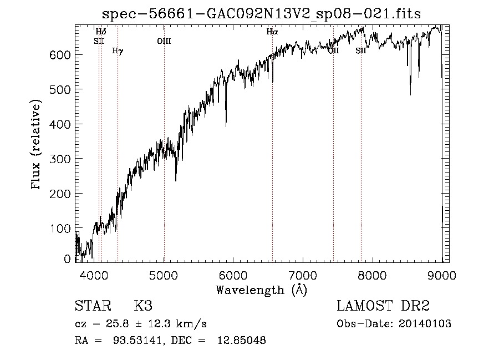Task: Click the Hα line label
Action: (272, 32)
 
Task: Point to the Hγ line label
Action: (117, 51)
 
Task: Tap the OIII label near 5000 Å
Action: (164, 40)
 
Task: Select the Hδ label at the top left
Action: (100, 32)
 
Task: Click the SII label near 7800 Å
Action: (361, 51)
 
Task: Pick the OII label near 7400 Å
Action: (333, 51)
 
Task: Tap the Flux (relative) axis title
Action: (37, 145)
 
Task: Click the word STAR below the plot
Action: (93, 307)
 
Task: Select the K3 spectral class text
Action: (143, 307)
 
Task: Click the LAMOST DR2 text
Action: (383, 307)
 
